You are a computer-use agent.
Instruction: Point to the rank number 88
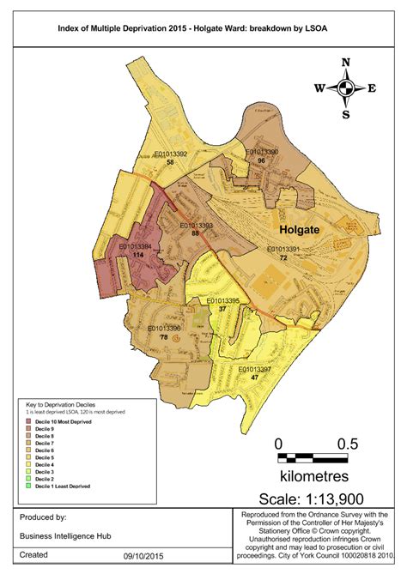(x=196, y=233)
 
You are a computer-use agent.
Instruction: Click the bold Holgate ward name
(x=303, y=230)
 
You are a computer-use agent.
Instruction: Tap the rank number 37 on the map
(x=222, y=309)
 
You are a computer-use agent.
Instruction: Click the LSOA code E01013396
(x=163, y=329)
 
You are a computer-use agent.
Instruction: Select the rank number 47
(x=254, y=378)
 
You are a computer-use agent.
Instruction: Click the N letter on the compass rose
(x=346, y=62)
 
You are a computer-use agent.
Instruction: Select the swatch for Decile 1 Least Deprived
(x=29, y=486)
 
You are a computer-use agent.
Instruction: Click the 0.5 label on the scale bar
(x=348, y=444)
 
